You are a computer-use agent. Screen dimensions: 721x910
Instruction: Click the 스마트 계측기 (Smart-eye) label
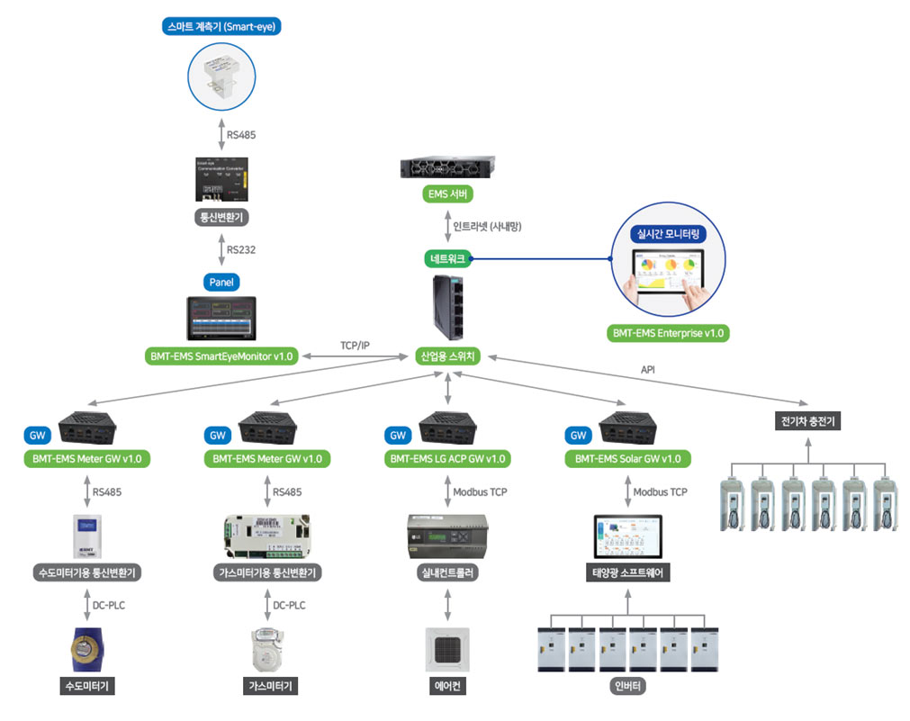pyautogui.click(x=221, y=26)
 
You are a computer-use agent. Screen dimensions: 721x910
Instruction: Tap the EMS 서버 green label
pyautogui.click(x=447, y=194)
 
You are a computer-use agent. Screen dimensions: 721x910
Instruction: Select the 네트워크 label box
pyautogui.click(x=447, y=258)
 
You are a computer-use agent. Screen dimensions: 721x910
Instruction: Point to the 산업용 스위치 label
pyautogui.click(x=447, y=356)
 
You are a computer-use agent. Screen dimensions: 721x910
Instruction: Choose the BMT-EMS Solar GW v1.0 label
pyautogui.click(x=627, y=459)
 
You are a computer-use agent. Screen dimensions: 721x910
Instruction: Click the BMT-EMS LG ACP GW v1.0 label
pyautogui.click(x=447, y=459)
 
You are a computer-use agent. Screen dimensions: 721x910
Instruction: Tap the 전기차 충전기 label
pyautogui.click(x=807, y=420)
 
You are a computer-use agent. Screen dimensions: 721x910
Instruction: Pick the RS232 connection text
pyautogui.click(x=241, y=249)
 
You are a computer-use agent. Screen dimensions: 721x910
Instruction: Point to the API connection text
pyautogui.click(x=647, y=369)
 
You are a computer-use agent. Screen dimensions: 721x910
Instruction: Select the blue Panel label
pyautogui.click(x=221, y=283)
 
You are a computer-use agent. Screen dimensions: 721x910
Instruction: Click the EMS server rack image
pyautogui.click(x=447, y=167)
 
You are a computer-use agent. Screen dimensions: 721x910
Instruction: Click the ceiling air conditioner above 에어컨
pyautogui.click(x=447, y=648)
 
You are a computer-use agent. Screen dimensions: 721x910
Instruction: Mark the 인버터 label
pyautogui.click(x=627, y=687)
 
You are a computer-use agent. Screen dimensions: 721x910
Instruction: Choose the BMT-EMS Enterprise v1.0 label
pyautogui.click(x=668, y=333)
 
